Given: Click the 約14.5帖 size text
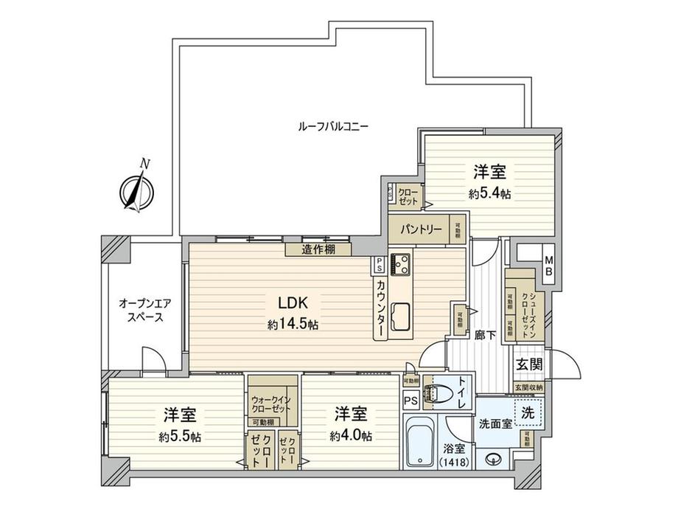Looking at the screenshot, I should pos(293,324).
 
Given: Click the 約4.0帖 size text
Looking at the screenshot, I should pos(351,435).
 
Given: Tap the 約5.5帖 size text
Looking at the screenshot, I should pos(180,436).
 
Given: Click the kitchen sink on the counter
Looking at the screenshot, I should pos(402,315).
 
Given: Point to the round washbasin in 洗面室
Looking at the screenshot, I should pos(491,456).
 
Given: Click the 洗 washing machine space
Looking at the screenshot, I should pos(528,414).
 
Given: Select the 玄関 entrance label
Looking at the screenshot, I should pos(528,364).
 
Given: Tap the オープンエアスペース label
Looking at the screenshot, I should pos(144,310).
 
